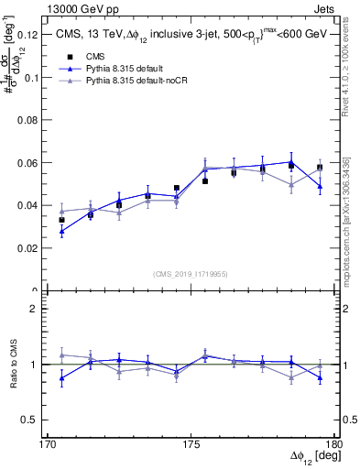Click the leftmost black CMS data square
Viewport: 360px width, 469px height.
[x=61, y=220]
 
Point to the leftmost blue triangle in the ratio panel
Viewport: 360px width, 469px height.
[x=61, y=378]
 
